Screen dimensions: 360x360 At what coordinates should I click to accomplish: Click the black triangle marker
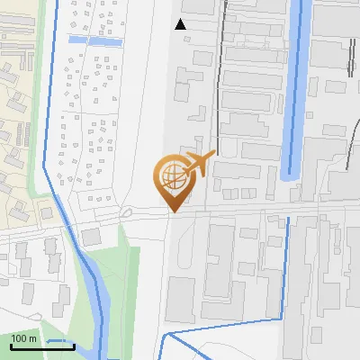coord(180,24)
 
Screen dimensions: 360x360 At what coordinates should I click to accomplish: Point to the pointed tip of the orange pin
coord(173,211)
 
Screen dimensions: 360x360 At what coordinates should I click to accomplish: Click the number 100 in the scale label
coord(20,338)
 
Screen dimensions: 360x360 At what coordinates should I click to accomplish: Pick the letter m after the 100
coord(33,338)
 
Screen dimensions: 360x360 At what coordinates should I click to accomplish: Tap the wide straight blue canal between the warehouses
coord(295,90)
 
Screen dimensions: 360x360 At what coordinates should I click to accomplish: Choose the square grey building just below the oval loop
coord(91,236)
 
